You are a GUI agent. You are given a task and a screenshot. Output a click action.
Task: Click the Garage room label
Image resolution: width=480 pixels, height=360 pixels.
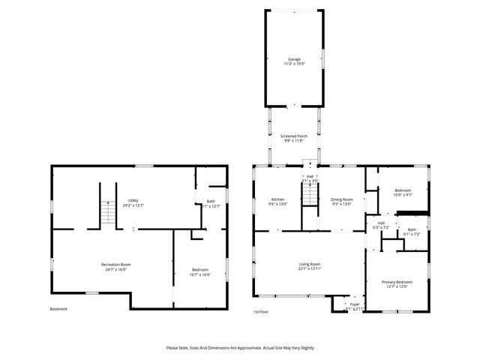(294, 59)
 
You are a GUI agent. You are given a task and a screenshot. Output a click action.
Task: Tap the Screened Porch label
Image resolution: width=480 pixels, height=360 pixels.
(294, 136)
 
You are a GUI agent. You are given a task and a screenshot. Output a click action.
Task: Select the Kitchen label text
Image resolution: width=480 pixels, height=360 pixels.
(277, 199)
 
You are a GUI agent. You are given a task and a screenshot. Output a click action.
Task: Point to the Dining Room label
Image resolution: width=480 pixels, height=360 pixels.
(340, 199)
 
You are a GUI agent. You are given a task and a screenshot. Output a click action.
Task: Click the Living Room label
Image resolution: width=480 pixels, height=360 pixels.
(310, 264)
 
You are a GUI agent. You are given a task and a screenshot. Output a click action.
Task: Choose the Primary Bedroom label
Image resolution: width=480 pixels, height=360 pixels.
(397, 282)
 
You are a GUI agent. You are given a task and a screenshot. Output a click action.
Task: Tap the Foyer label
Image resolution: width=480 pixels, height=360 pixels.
(355, 304)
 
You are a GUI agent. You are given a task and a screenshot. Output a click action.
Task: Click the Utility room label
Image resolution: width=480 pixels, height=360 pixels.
(133, 200)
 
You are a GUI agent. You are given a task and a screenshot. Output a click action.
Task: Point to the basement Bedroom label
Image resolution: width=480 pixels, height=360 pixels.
(199, 269)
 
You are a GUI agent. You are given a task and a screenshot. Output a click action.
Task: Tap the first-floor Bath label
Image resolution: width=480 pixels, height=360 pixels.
(412, 229)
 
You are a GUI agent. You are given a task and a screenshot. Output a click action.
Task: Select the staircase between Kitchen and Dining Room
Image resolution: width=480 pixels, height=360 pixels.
(310, 194)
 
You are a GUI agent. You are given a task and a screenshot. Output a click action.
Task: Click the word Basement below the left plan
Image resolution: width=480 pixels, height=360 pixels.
(58, 309)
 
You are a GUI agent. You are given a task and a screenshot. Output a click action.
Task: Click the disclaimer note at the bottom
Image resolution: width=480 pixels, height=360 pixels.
(240, 348)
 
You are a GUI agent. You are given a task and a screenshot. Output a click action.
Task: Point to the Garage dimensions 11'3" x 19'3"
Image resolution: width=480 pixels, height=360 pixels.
(294, 64)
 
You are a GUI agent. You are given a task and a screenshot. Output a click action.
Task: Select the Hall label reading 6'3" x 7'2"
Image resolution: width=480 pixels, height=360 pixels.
(381, 225)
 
